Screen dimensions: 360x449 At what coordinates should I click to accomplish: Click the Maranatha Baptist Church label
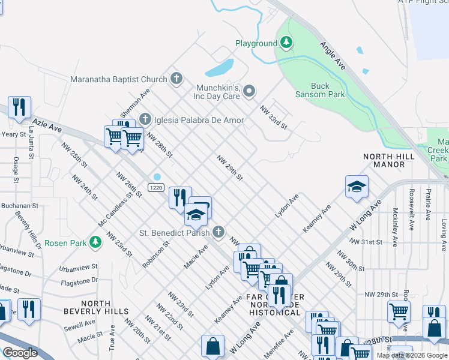118,79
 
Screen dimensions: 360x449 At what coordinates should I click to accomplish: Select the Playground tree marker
287,43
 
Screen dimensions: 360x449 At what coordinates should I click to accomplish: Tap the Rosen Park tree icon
95,242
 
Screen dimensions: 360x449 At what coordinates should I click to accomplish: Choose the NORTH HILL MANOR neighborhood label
389,160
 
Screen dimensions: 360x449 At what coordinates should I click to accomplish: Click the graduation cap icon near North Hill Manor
356,187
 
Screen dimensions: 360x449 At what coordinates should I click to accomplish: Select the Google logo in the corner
20,353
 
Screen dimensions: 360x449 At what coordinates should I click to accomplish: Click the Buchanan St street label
19,205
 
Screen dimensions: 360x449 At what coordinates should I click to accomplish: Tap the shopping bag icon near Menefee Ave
212,345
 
